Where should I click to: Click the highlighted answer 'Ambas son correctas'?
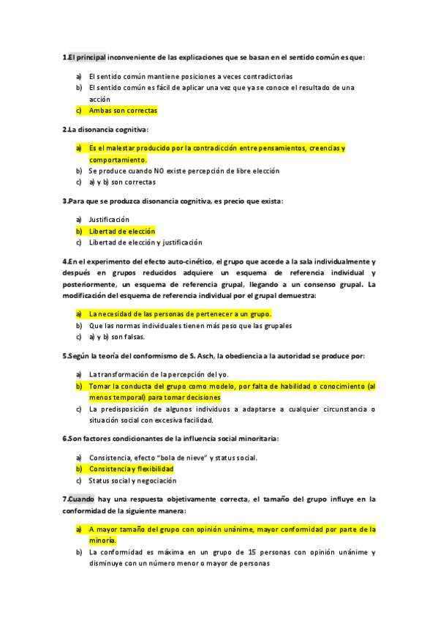pyautogui.click(x=123, y=111)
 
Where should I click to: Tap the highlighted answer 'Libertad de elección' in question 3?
pyautogui.click(x=122, y=231)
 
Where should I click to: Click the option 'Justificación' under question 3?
pyautogui.click(x=109, y=220)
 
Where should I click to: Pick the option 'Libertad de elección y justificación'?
pyautogui.click(x=146, y=243)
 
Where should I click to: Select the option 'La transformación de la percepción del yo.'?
pyautogui.click(x=159, y=374)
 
